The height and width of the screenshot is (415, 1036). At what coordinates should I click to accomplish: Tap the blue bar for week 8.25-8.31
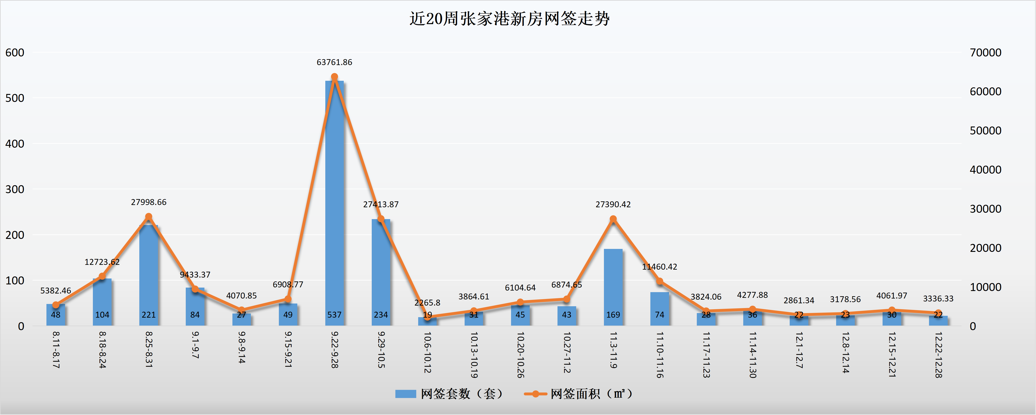(x=148, y=273)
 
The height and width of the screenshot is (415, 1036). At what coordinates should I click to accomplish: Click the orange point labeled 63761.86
(x=334, y=77)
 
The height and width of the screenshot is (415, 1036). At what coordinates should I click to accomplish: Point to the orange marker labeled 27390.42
(x=613, y=219)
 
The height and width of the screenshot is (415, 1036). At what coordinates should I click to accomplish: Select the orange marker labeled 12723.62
(x=102, y=276)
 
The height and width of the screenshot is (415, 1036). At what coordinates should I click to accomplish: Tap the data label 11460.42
(x=659, y=267)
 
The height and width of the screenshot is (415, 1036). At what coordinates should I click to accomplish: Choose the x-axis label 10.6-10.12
(x=427, y=352)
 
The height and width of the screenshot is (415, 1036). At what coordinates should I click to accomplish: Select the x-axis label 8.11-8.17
(x=56, y=350)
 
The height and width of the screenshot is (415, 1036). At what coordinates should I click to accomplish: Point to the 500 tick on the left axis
(x=15, y=98)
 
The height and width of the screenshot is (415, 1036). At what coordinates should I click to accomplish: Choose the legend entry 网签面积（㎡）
(x=579, y=394)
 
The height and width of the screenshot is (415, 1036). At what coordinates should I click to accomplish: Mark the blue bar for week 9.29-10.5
(x=381, y=269)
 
